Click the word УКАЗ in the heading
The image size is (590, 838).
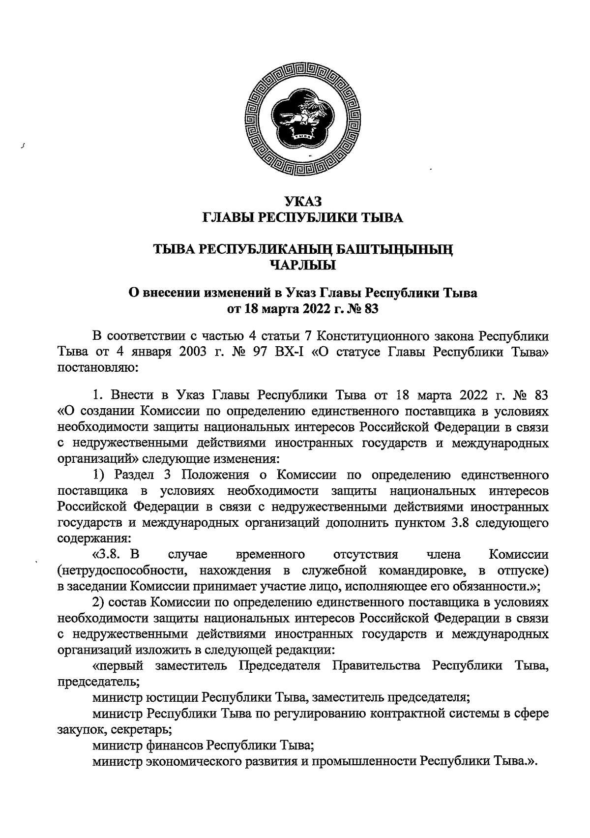tap(303, 201)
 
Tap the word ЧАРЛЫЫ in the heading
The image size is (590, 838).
tap(303, 266)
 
